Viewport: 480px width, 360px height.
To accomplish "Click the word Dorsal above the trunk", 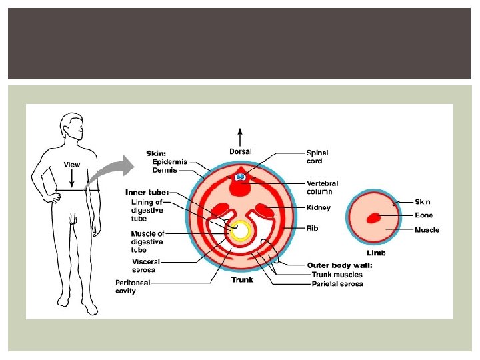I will point(241,152).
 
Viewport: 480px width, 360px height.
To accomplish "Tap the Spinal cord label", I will point(317,157).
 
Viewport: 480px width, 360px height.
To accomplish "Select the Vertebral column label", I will point(322,187).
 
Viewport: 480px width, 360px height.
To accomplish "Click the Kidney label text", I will point(318,208).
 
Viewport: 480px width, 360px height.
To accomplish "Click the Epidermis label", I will point(170,161).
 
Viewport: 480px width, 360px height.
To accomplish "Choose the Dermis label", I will point(165,170).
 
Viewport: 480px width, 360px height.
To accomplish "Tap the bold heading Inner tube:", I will point(147,193).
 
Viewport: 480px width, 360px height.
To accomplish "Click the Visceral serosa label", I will point(146,266).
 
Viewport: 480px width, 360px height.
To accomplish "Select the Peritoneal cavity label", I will point(135,286).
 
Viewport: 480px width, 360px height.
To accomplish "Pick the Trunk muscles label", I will point(337,275).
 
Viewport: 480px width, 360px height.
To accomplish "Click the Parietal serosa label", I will point(337,284).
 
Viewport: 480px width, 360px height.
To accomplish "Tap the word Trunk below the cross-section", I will point(242,280).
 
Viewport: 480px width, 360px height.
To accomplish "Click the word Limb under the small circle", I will point(376,253).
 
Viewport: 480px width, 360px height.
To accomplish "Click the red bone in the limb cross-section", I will point(373,217).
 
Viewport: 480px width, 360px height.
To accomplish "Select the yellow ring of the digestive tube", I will point(240,231).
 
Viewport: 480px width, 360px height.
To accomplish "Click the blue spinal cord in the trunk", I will point(241,177).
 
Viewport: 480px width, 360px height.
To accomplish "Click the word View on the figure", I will point(71,164).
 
